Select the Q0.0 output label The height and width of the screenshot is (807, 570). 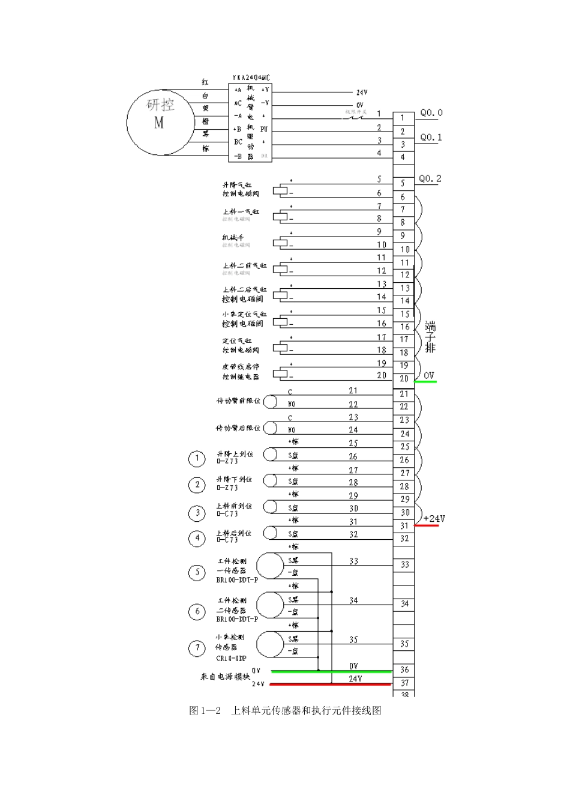tap(431, 113)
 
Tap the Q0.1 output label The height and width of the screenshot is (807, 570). tap(431, 138)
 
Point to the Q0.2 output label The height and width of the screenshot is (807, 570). tap(430, 179)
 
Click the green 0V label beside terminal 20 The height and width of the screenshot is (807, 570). tap(428, 376)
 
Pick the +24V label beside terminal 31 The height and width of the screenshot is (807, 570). tap(434, 519)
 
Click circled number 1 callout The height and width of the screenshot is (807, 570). tap(197, 459)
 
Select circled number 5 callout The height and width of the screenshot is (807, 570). tap(197, 572)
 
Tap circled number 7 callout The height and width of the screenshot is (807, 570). tap(197, 648)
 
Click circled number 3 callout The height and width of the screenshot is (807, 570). tap(197, 513)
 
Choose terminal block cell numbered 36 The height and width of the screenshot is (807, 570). tap(404, 669)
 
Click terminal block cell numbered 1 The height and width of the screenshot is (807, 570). tap(403, 118)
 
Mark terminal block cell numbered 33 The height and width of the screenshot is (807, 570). tap(404, 565)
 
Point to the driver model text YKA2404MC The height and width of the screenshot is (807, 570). tap(250, 78)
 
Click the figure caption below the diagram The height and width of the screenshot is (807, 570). tap(285, 711)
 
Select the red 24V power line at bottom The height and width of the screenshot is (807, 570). tap(330, 684)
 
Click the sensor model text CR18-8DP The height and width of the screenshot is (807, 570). tap(231, 659)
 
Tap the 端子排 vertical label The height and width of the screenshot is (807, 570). tap(430, 337)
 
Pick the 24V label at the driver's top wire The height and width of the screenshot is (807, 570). tap(362, 93)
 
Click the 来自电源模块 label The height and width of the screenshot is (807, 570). tap(225, 677)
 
